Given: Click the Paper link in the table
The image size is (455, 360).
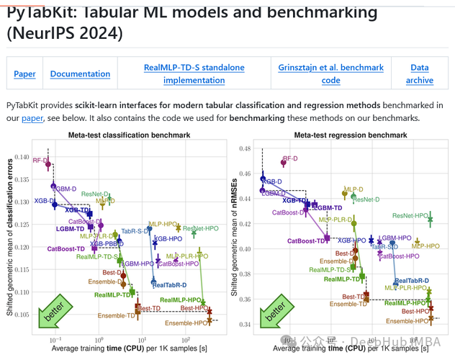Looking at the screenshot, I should [24, 73].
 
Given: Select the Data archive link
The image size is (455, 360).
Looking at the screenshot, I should [419, 73].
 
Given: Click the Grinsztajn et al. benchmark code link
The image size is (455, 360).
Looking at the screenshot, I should [330, 73].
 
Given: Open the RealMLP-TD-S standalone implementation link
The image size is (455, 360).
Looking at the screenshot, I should [194, 73].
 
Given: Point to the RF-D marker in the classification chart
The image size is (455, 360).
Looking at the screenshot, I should [48, 165].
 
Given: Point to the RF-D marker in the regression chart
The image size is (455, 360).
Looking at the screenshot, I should [284, 163].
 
